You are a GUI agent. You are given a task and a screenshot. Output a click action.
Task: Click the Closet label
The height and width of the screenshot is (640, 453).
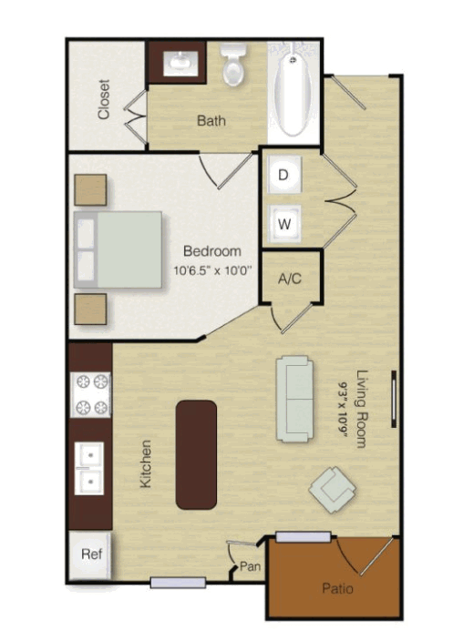[104, 99]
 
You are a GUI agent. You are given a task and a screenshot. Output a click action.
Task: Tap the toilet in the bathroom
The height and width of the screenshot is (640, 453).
[233, 64]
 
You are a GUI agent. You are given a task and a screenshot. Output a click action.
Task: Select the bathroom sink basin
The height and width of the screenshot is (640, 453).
[180, 63]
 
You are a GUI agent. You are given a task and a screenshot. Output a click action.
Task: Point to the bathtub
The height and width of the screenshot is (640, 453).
[293, 92]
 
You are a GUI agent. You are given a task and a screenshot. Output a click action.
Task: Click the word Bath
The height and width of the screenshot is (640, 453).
[211, 120]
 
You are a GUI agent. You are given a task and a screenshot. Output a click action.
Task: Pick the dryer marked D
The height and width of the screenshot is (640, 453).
[284, 174]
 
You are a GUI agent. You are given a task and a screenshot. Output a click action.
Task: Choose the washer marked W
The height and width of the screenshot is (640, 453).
[284, 223]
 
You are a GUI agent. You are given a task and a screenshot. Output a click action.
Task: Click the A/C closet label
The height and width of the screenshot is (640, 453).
[290, 279]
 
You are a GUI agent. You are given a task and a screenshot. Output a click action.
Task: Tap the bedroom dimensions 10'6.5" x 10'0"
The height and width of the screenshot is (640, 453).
[212, 270]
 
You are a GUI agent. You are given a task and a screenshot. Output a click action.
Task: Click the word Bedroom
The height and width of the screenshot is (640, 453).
[212, 250]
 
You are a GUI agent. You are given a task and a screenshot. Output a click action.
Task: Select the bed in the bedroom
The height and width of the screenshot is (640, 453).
[118, 249]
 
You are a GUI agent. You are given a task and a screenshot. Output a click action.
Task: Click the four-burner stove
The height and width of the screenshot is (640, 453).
[90, 395]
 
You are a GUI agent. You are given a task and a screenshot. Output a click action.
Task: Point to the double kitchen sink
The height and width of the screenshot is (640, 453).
[89, 468]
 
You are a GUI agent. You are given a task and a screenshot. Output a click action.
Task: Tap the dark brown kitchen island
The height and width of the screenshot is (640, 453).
[196, 454]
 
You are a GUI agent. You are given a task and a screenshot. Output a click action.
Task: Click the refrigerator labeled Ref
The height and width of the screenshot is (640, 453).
[90, 555]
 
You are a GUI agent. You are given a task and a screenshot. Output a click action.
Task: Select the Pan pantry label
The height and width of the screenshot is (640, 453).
[250, 566]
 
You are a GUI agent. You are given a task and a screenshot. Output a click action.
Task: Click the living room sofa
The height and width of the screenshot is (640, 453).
[295, 399]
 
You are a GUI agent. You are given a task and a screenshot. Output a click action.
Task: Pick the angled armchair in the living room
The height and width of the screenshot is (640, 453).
[333, 490]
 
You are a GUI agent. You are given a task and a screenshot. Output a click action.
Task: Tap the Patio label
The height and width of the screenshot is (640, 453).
[337, 589]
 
